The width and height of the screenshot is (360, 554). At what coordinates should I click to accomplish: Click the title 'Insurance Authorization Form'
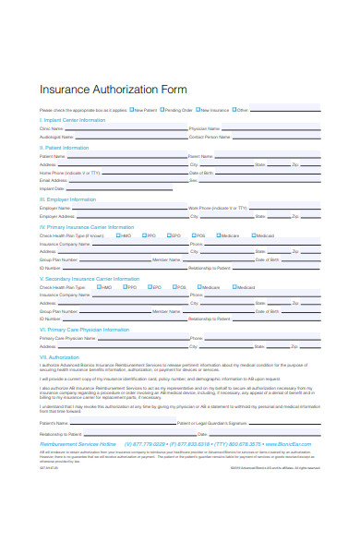[x=114, y=90]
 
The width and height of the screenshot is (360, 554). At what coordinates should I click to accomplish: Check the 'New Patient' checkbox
[x=131, y=110]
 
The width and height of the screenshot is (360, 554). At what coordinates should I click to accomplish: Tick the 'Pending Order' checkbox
[x=162, y=110]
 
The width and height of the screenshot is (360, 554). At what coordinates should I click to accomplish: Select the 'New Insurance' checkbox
[x=198, y=110]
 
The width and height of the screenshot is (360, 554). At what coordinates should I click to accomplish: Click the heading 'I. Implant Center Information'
[x=72, y=120]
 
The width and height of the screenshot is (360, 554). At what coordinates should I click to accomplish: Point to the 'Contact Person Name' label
[x=210, y=136]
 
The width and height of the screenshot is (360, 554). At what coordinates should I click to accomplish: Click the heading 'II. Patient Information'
[x=64, y=148]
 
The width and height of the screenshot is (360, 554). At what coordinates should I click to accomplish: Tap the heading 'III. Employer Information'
[x=69, y=199]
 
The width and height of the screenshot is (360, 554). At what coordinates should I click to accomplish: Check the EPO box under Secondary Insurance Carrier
[x=149, y=287]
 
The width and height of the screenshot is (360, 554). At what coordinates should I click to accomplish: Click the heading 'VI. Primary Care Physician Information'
[x=84, y=330]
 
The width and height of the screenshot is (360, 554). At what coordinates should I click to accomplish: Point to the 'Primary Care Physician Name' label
[x=67, y=338]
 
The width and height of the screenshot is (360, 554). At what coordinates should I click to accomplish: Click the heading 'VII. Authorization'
[x=60, y=355]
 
